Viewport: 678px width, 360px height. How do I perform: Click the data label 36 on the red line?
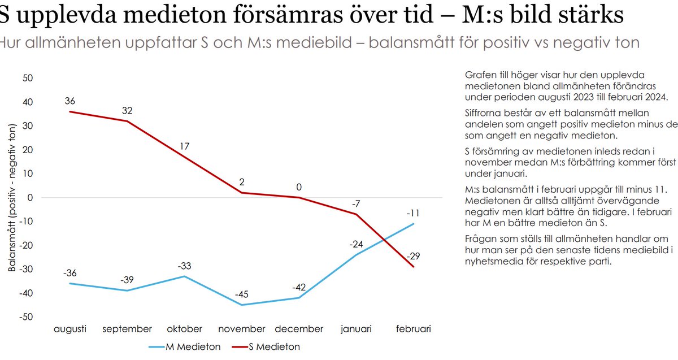[70, 102]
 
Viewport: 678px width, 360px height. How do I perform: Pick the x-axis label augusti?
[70, 329]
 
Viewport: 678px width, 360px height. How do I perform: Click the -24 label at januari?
[357, 244]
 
